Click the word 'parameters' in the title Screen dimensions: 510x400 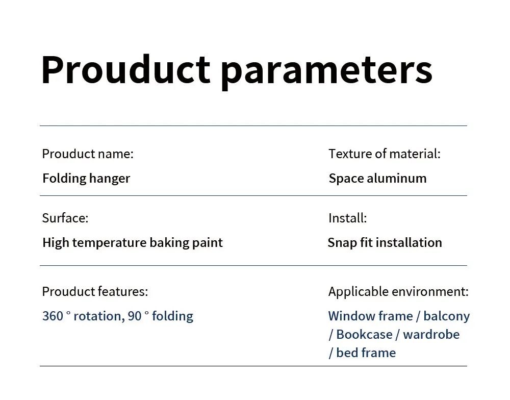pos(326,71)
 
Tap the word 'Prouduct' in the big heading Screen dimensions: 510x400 pos(125,69)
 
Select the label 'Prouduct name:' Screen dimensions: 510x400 pos(88,154)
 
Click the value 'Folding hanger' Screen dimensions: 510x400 pos(86,179)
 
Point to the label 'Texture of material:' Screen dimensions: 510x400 pos(385,154)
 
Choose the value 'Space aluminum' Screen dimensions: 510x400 pos(377,179)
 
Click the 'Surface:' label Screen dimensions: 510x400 pos(65,218)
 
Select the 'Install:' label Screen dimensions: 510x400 pos(347,218)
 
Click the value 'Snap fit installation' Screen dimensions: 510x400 pos(385,243)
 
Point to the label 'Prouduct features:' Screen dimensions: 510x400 pos(95,292)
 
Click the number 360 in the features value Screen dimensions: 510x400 pos(53,316)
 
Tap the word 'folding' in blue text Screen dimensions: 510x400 pos(172,316)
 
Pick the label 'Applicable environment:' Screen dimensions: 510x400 pos(398,292)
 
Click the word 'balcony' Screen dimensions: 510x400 pos(447,316)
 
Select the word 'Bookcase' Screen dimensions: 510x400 pos(364,335)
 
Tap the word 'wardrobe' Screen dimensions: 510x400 pos(431,335)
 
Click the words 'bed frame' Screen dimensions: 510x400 pos(366,353)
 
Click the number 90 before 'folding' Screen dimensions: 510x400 pos(135,316)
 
